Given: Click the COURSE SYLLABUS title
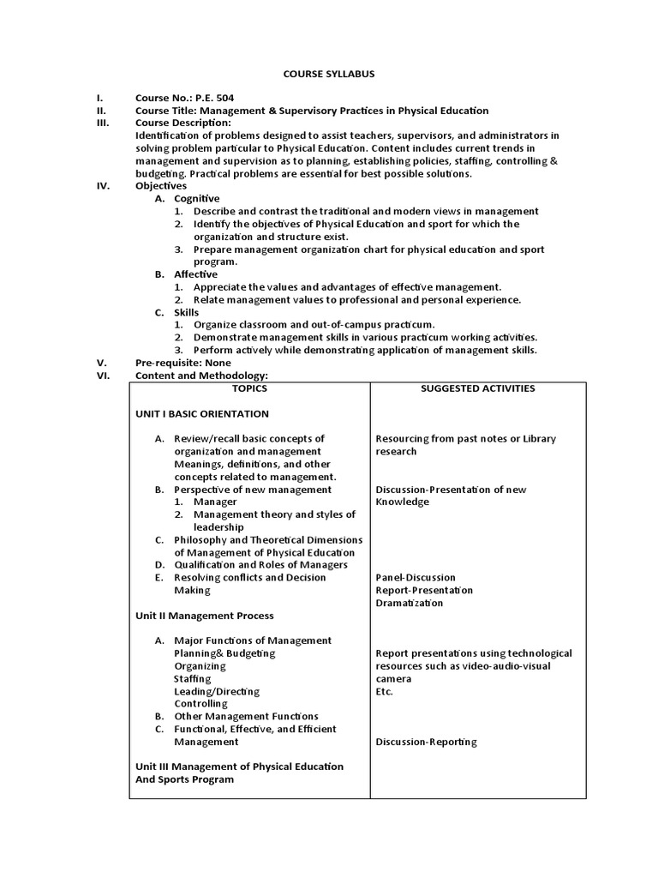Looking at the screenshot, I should coord(329,75).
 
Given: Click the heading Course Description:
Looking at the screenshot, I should coord(183,123).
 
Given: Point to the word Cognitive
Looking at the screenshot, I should coord(197,198).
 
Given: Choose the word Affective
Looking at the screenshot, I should coord(196,274).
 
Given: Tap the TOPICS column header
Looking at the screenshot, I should coord(249,388).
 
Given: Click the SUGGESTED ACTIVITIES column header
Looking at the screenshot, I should coord(477,388).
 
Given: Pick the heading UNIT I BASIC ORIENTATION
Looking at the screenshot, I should coord(202,413).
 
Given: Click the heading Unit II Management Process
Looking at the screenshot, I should coord(205,616).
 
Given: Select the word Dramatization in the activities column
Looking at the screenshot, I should coord(410,603).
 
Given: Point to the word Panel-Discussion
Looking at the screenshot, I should coord(416,578).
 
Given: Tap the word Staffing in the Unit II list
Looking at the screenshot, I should coord(193,678).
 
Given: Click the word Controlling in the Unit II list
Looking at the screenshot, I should coord(201,704).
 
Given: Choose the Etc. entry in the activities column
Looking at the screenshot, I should coord(385,691).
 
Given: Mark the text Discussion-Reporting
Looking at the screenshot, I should coord(426,742).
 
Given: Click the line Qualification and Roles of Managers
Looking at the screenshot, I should coord(260,565).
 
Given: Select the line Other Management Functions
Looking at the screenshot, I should coord(246,716).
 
